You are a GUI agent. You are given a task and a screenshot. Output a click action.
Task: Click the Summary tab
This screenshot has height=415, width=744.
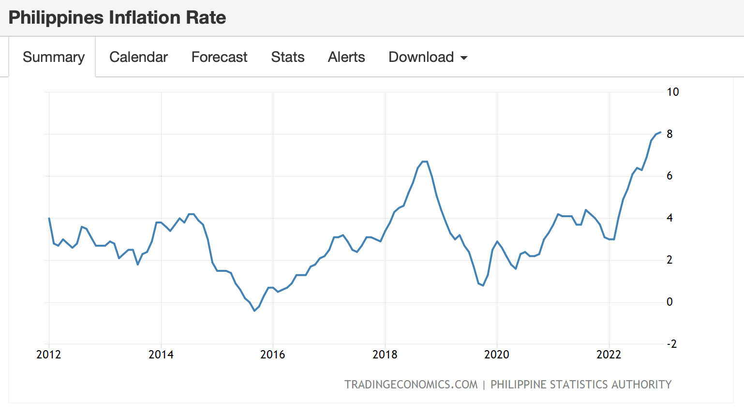[53, 57]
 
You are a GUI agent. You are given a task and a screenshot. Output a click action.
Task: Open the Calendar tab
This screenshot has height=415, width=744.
[138, 57]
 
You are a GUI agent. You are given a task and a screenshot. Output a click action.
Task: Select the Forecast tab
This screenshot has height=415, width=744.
[219, 57]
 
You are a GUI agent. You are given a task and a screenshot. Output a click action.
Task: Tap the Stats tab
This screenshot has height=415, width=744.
[288, 57]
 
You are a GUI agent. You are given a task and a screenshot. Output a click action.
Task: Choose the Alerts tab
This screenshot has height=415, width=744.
[346, 57]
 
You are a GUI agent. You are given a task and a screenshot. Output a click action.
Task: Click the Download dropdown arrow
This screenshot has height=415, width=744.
[464, 58]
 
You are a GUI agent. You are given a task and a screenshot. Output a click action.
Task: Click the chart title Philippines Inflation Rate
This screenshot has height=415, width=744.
[117, 18]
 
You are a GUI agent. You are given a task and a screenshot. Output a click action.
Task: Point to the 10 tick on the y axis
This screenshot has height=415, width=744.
[672, 92]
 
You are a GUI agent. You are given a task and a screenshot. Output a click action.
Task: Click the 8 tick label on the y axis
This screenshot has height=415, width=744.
[670, 134]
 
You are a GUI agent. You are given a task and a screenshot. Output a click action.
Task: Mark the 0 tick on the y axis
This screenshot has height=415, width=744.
[670, 302]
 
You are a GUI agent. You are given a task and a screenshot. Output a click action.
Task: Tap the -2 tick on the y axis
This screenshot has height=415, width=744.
[671, 344]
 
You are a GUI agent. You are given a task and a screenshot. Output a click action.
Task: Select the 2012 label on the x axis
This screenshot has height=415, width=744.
[48, 355]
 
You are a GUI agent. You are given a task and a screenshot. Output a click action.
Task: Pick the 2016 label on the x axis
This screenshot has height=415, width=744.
[272, 355]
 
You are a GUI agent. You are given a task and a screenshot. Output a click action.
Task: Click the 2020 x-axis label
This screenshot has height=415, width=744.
[496, 355]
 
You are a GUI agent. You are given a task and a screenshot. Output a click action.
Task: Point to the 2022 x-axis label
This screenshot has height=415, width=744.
[609, 355]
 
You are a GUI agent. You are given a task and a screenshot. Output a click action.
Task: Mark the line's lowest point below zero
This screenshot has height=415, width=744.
[254, 311]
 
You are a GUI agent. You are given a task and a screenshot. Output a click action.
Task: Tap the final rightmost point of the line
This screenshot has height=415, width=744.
[660, 132]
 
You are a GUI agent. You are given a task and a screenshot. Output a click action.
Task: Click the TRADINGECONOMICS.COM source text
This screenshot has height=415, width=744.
[411, 385]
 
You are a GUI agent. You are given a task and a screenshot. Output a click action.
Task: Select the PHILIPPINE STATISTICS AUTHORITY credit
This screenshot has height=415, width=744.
[581, 385]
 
